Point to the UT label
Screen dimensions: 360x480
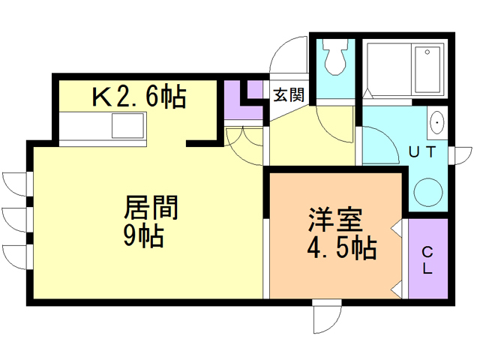[422, 152]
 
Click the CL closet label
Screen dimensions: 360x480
[427, 259]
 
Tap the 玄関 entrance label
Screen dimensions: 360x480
[288, 95]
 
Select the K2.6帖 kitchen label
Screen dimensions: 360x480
[139, 97]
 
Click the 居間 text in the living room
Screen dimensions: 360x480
[150, 206]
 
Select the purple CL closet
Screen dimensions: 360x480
[427, 259]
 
